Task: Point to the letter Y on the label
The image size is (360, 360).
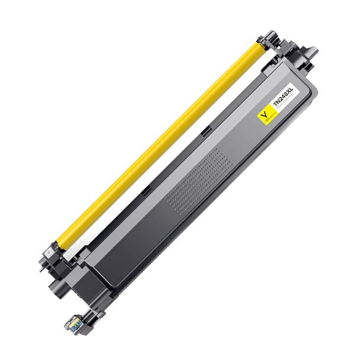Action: [x=263, y=111]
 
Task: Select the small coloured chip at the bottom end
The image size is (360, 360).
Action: [x=73, y=323]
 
